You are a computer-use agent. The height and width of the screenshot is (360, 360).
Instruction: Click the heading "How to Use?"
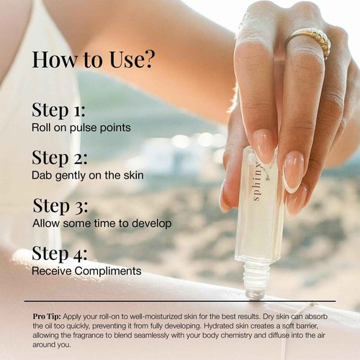pos(93,60)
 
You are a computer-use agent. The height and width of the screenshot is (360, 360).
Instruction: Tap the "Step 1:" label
pos(58,110)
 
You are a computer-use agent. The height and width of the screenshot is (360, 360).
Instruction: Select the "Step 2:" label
pos(59,158)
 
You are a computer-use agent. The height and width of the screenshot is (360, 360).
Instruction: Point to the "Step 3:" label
pos(59,207)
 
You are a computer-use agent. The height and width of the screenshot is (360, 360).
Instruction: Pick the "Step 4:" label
pos(60,254)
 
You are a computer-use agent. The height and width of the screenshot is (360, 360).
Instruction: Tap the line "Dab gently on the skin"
pos(88,175)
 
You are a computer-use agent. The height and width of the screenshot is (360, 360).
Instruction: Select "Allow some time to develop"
pos(102,223)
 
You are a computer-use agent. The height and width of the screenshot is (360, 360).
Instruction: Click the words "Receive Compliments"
pos(86,271)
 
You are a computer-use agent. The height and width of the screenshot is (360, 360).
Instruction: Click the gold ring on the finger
pos(310,40)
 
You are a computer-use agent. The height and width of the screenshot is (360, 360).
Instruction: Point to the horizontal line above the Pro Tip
pos(180,301)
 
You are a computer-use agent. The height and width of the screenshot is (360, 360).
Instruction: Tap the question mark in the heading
pos(148,60)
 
